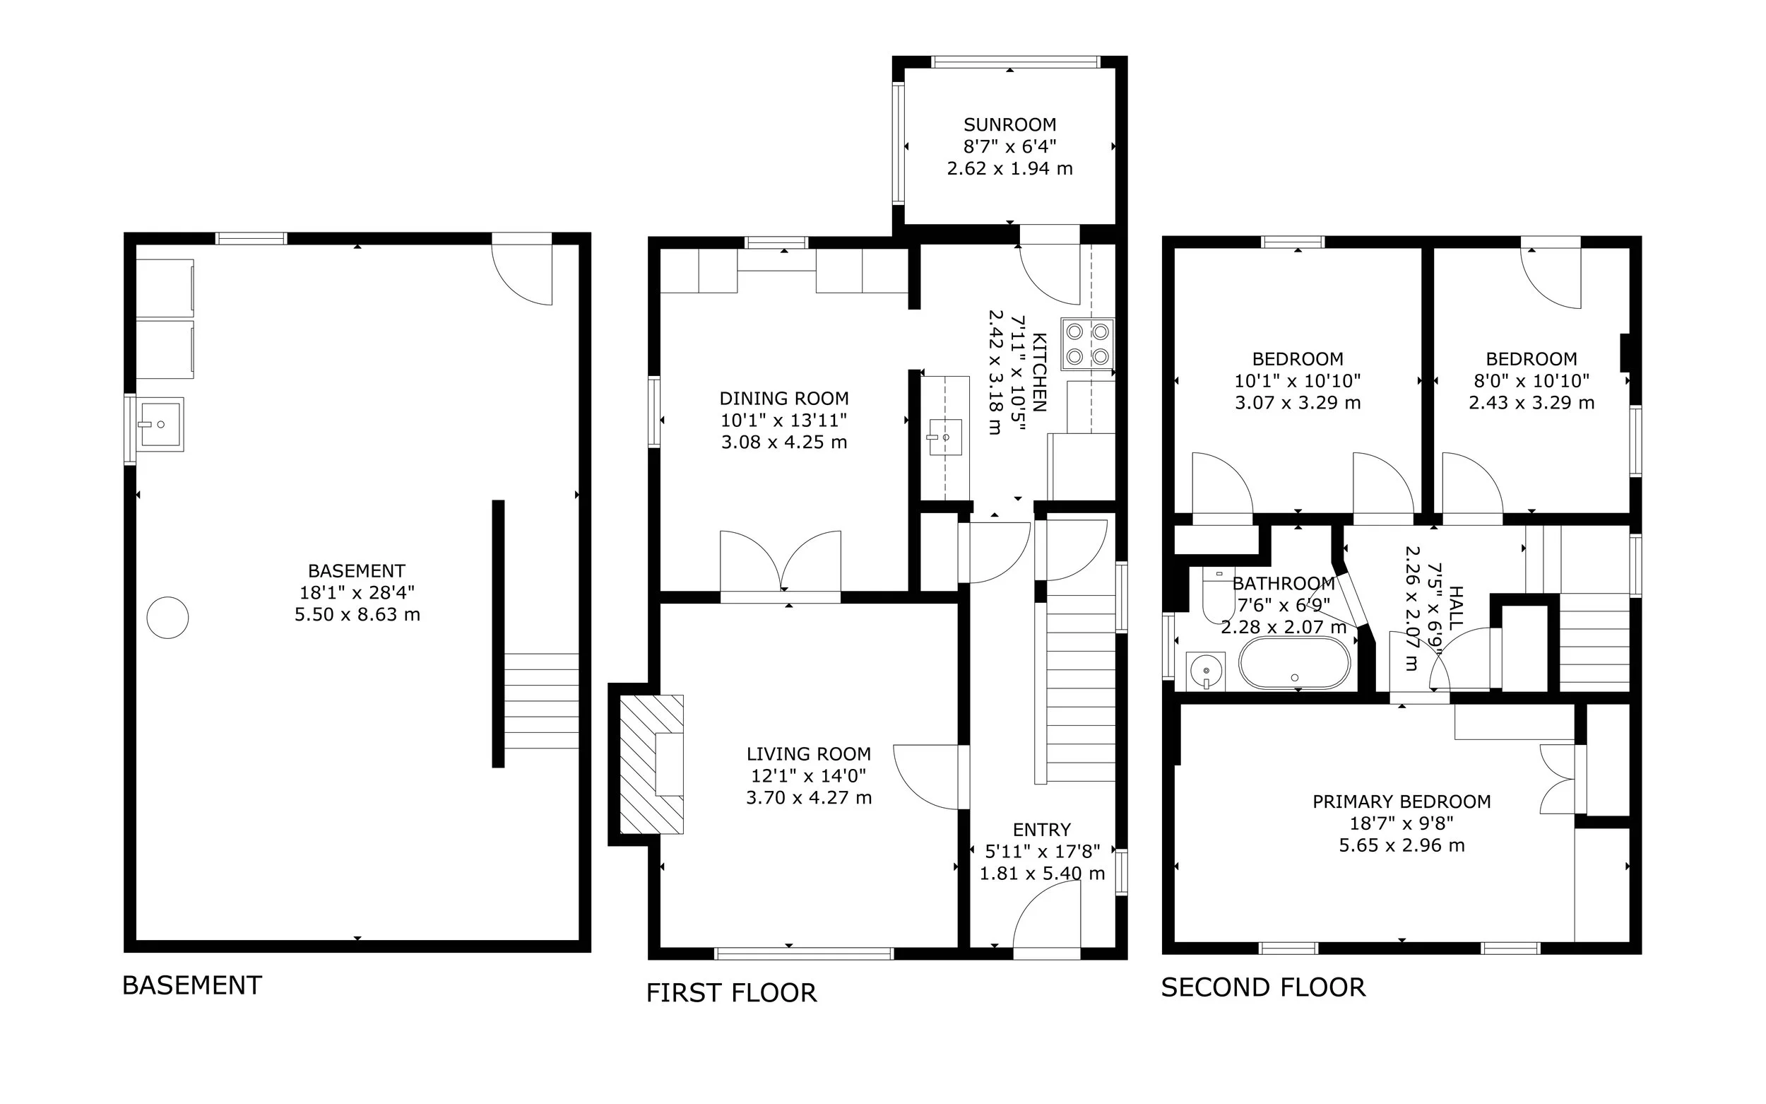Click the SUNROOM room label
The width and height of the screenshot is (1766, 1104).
tap(1010, 125)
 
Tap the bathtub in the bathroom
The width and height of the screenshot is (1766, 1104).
tap(1295, 663)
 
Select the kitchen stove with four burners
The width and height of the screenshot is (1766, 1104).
tap(1088, 344)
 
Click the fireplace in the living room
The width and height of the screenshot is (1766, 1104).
tap(652, 765)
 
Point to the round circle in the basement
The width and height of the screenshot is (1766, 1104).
tap(168, 618)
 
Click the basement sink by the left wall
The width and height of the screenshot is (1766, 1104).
tap(161, 424)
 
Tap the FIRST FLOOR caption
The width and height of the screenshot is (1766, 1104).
tap(731, 993)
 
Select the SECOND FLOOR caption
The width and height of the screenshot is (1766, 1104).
tap(1263, 987)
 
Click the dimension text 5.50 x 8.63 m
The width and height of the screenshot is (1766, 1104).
tap(357, 615)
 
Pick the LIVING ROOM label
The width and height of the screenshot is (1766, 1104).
tap(809, 753)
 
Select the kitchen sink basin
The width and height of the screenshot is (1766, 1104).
tap(945, 437)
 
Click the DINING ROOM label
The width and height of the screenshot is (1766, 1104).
tap(785, 399)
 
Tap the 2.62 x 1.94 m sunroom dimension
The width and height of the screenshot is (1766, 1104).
tap(1010, 169)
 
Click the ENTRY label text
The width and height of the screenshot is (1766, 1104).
tap(1042, 830)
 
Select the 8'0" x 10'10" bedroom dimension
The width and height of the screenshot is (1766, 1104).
tap(1531, 381)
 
